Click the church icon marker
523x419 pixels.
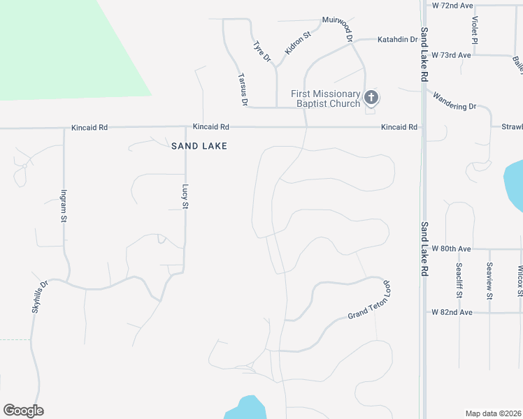371,98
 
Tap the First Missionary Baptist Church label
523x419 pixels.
326,98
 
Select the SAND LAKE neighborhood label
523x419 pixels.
200,146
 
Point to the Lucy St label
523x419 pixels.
185,196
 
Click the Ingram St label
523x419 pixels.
64,206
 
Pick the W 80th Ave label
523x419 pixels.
452,249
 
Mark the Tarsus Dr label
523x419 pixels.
243,89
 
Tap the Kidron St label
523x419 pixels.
298,44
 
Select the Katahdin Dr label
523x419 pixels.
397,40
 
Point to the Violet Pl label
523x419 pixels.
475,31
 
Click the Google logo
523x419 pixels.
23,411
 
